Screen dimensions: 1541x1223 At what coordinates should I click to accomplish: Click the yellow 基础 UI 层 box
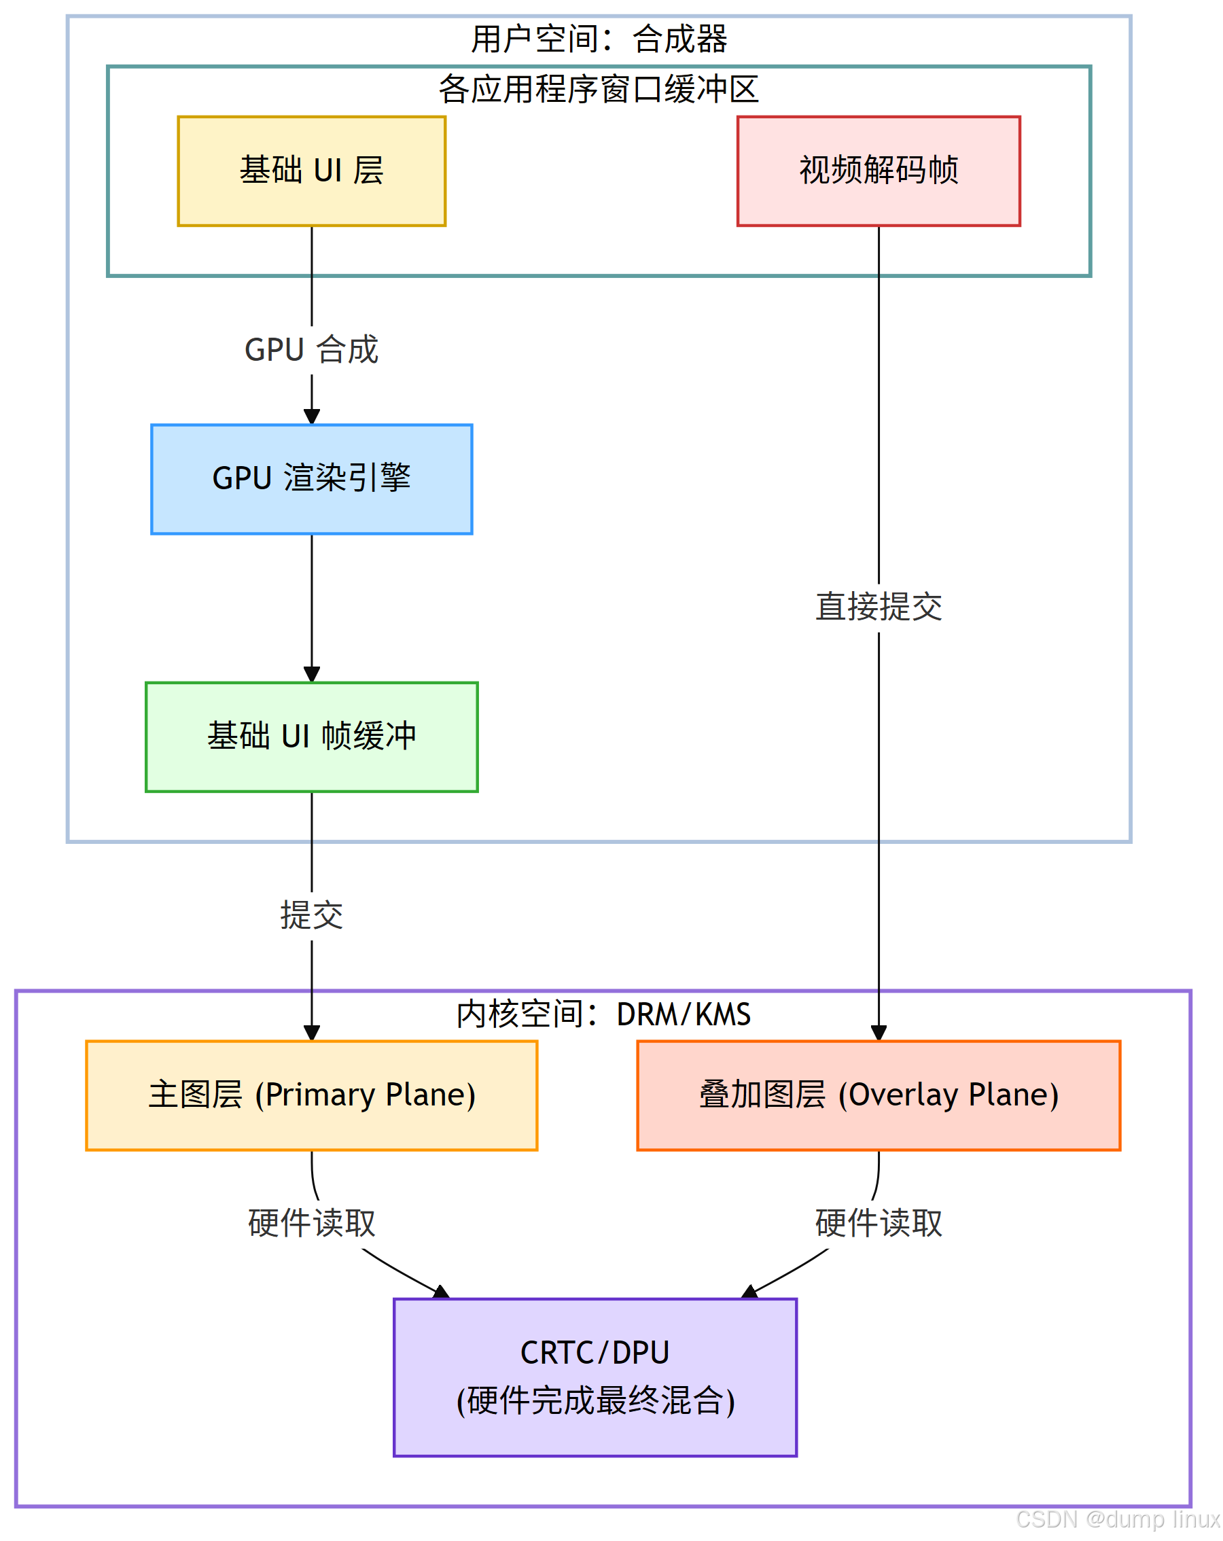(311, 171)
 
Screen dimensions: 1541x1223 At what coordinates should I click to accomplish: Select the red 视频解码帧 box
(878, 171)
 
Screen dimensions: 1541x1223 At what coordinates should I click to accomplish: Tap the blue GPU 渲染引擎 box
(311, 478)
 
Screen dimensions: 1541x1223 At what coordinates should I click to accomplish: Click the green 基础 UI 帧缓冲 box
(311, 737)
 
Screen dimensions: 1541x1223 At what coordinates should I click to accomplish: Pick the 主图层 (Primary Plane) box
(311, 1095)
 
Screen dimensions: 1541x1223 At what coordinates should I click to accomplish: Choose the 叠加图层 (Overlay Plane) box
(878, 1095)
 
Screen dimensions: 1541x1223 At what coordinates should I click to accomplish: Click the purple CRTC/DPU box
(595, 1376)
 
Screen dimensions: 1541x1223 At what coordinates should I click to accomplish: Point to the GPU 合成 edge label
(311, 349)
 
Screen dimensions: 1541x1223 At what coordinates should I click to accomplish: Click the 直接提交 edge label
(878, 606)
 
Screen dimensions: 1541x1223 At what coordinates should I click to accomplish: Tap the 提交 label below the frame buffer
(311, 914)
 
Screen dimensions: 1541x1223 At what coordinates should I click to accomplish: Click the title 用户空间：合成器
(599, 39)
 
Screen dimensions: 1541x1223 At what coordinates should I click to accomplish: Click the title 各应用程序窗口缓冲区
(599, 88)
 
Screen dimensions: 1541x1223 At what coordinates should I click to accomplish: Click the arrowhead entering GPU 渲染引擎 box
(311, 417)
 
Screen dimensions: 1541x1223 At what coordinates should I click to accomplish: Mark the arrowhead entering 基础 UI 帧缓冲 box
(311, 674)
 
